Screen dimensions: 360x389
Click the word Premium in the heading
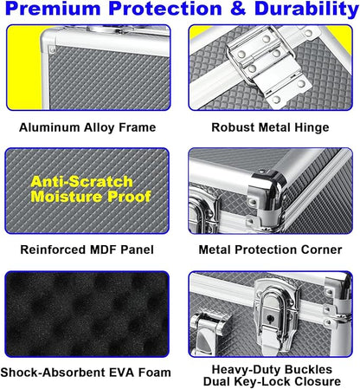click(53, 9)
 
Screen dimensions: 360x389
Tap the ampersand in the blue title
click(238, 9)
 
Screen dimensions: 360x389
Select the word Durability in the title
click(306, 10)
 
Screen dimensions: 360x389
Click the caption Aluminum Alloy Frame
click(87, 127)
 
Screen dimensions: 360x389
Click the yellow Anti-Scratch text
click(81, 182)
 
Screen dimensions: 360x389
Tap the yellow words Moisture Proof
click(91, 197)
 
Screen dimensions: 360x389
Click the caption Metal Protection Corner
click(270, 250)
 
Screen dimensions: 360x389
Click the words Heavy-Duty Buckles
click(272, 369)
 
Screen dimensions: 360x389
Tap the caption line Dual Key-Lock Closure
click(272, 381)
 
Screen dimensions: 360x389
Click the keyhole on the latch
click(271, 319)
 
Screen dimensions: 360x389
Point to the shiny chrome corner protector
click(267, 192)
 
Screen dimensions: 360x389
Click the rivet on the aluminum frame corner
click(53, 49)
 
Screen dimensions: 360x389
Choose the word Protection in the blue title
click(165, 9)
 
